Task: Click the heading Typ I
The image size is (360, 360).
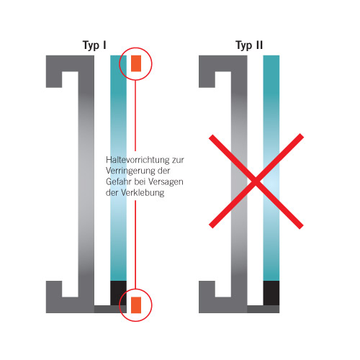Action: pyautogui.click(x=94, y=45)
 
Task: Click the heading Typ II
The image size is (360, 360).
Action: pyautogui.click(x=249, y=45)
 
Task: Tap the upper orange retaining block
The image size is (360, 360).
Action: pyautogui.click(x=136, y=63)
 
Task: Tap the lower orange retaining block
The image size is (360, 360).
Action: pyautogui.click(x=136, y=305)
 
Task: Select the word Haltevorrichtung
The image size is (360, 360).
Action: pyautogui.click(x=138, y=160)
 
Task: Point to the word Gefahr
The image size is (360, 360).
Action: pyautogui.click(x=119, y=181)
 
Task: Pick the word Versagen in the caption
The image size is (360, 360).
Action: pyautogui.click(x=166, y=182)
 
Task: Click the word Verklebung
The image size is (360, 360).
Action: pyautogui.click(x=143, y=193)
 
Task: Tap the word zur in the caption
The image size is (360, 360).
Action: pyautogui.click(x=178, y=161)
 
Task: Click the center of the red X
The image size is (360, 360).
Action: pyautogui.click(x=256, y=181)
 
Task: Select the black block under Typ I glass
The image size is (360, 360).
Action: pyautogui.click(x=118, y=293)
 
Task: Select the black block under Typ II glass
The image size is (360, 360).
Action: pyautogui.click(x=271, y=293)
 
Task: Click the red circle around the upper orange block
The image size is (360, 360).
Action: pyautogui.click(x=120, y=63)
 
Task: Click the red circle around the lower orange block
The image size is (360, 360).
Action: pyautogui.click(x=120, y=305)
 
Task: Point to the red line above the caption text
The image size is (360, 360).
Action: pyautogui.click(x=135, y=116)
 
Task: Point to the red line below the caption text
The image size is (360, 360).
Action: pyautogui.click(x=135, y=245)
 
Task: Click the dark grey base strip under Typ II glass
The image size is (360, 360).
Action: pyautogui.click(x=264, y=309)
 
